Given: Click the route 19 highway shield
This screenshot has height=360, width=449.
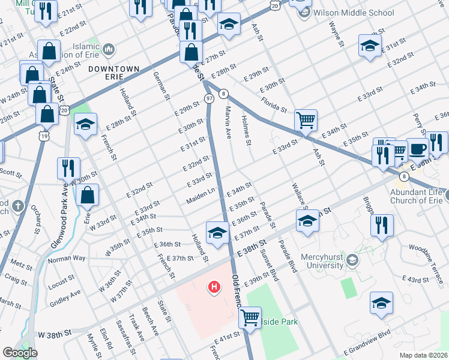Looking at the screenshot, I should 44,137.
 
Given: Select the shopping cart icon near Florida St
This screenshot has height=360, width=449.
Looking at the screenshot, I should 306,120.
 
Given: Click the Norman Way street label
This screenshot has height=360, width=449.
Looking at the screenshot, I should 67,258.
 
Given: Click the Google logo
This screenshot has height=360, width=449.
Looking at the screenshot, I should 20,352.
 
